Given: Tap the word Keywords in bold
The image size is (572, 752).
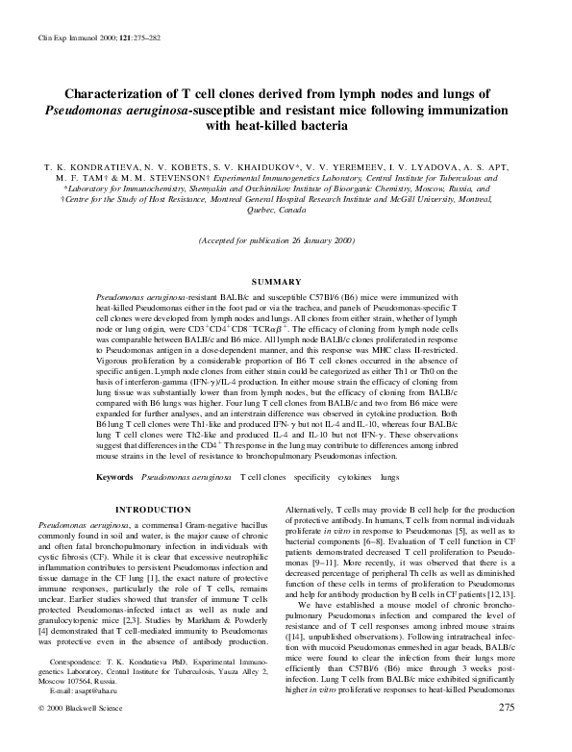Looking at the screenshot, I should (114, 477).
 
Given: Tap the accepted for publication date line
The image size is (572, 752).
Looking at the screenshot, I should (286, 239).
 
